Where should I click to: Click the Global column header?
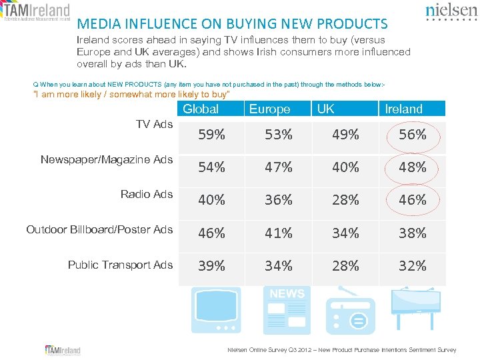(201, 109)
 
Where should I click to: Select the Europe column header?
(269, 109)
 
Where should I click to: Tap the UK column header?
(326, 109)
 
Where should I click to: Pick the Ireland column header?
(404, 109)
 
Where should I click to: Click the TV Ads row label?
(154, 124)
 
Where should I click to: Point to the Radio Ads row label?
(147, 194)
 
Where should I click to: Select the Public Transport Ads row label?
(120, 265)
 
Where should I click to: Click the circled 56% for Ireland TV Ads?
(413, 135)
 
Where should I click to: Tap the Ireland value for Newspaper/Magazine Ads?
(413, 167)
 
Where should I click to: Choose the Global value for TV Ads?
(211, 135)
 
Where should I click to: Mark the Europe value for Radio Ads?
(278, 199)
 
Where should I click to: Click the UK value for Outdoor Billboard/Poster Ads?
(345, 233)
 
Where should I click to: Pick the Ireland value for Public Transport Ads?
(413, 266)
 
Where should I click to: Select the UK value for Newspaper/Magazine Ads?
(345, 167)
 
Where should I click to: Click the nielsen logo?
(450, 12)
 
